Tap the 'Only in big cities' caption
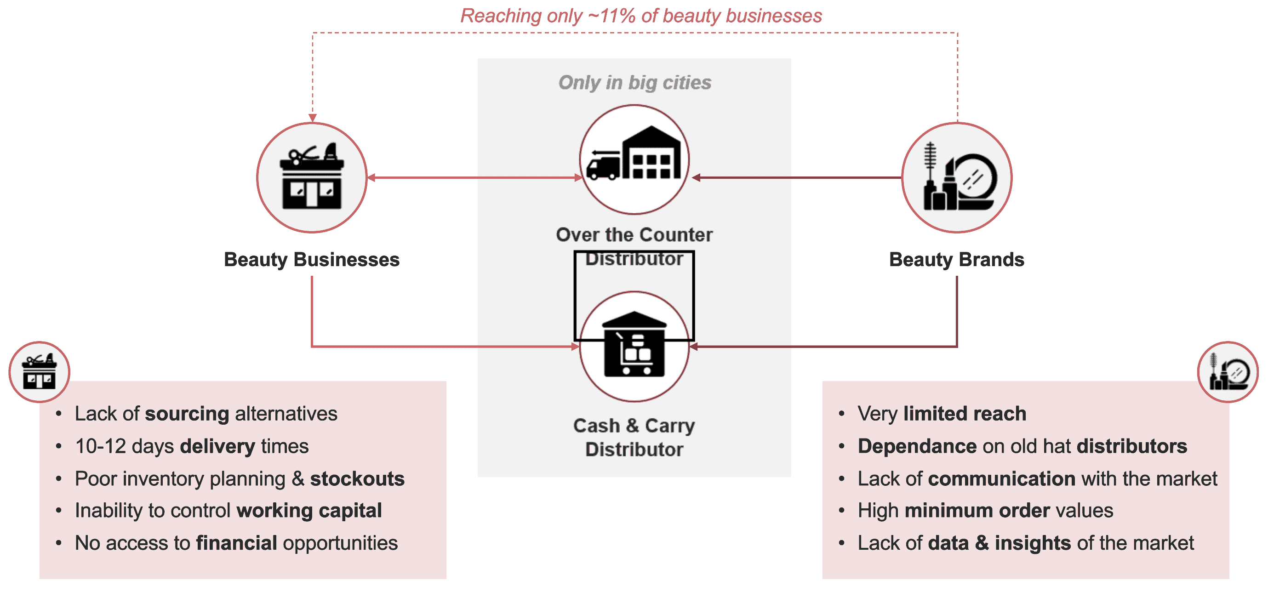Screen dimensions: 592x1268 pyautogui.click(x=634, y=82)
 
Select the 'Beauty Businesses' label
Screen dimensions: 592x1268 pyautogui.click(x=312, y=259)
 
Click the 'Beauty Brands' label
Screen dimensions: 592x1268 pyautogui.click(x=956, y=259)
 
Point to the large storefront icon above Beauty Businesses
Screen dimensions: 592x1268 pyautogui.click(x=312, y=177)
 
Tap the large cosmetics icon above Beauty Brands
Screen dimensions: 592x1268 pyautogui.click(x=957, y=177)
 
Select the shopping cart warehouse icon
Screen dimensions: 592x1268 pyautogui.click(x=634, y=347)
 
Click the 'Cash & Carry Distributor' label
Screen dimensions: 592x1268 pyautogui.click(x=634, y=437)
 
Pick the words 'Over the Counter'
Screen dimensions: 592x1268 pyautogui.click(x=634, y=235)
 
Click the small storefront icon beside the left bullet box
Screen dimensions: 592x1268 pyautogui.click(x=40, y=372)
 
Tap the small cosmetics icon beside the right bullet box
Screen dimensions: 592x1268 pyautogui.click(x=1228, y=372)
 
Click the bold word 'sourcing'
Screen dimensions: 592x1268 pyautogui.click(x=187, y=414)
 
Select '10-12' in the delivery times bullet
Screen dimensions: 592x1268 pyautogui.click(x=100, y=446)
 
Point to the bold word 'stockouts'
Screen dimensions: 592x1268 pyautogui.click(x=357, y=479)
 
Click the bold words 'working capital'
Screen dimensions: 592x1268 pyautogui.click(x=309, y=511)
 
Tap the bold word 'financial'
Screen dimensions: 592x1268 pyautogui.click(x=236, y=543)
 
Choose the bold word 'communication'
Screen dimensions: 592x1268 pyautogui.click(x=1002, y=479)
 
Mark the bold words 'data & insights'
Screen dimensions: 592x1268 pyautogui.click(x=999, y=543)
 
